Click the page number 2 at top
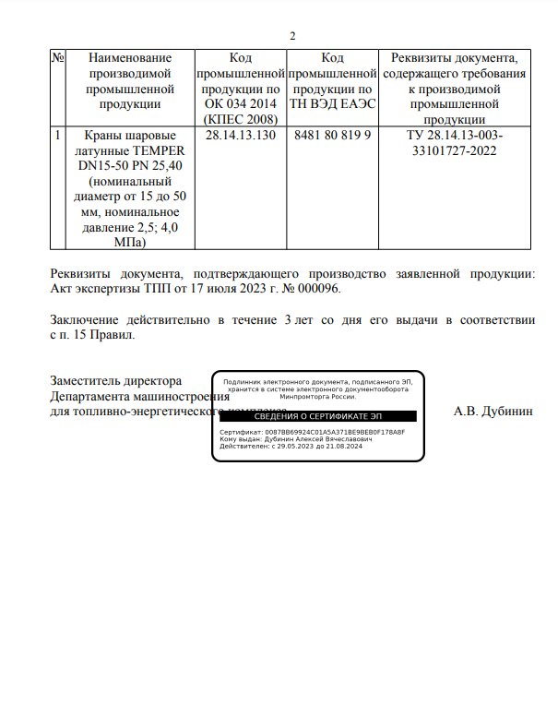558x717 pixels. (x=292, y=36)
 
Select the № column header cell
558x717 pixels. (x=58, y=57)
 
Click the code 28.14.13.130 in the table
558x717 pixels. (x=240, y=135)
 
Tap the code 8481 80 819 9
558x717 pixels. (x=332, y=135)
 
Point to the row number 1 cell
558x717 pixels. (x=58, y=135)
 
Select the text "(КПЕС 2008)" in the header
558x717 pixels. (x=240, y=119)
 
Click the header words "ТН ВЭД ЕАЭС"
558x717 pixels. (x=332, y=103)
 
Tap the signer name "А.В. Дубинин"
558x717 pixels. (x=493, y=412)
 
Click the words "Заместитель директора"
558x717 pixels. (x=115, y=380)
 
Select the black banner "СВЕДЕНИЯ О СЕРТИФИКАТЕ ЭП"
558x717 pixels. (x=317, y=417)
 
